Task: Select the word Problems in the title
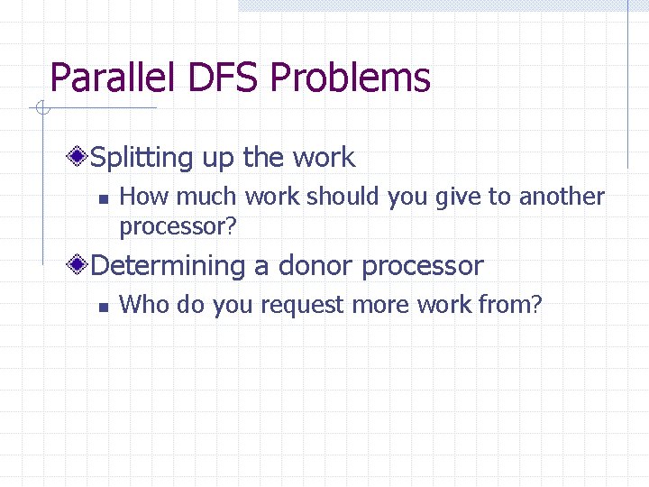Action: click(x=350, y=78)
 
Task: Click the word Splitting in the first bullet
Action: click(x=142, y=159)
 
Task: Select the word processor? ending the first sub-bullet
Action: click(x=178, y=226)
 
